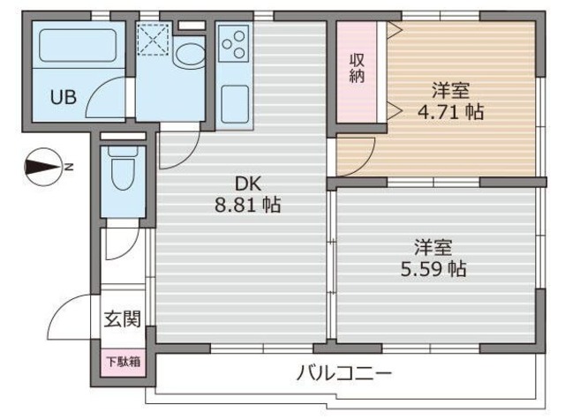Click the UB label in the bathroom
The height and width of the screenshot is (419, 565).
pos(62,98)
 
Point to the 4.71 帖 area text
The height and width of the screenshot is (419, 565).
pos(450,112)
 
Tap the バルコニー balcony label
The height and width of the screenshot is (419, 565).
pos(343,374)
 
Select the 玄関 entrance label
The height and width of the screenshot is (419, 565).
pos(122,319)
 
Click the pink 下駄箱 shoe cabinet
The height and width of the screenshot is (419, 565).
pos(122,362)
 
